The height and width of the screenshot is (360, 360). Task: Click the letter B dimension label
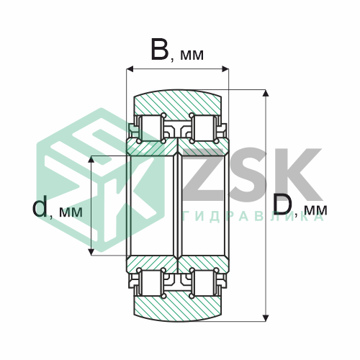point(160,50)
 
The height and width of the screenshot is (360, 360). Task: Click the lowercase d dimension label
point(40,206)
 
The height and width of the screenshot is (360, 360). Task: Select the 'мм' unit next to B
point(192,55)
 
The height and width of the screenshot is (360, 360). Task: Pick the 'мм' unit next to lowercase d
point(71,212)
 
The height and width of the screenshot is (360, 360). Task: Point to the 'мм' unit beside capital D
point(315,210)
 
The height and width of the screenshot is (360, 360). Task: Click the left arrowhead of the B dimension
point(130,69)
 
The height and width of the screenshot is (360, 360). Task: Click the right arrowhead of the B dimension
point(225,69)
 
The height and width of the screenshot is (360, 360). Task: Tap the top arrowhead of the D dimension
point(266,93)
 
